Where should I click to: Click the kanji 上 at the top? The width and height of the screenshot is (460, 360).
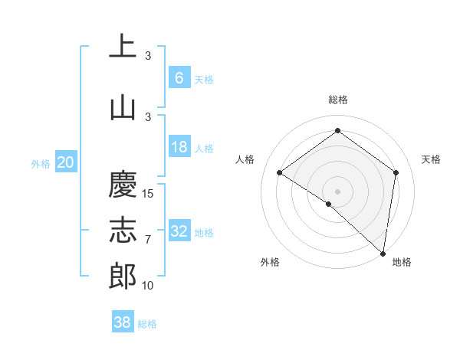[122, 46]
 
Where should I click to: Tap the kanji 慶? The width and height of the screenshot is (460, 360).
[122, 185]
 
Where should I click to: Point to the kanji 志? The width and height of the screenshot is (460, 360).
[122, 231]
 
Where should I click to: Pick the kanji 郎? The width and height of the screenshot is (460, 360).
[122, 276]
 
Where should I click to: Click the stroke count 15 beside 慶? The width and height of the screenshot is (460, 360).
[149, 194]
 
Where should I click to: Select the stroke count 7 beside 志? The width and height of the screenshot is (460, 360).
[148, 240]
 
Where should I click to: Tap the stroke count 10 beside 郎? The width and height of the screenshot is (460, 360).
[149, 286]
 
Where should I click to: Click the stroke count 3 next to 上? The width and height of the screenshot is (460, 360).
[148, 56]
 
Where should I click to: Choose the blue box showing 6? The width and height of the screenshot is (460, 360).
[179, 77]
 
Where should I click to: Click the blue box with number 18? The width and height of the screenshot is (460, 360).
[179, 147]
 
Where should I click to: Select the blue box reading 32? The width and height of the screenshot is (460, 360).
[179, 231]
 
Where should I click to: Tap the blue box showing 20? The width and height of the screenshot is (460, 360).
[65, 162]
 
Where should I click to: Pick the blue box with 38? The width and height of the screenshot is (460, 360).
[123, 323]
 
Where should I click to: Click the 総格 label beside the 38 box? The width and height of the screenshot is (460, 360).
[147, 324]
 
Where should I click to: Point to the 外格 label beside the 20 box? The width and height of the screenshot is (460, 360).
[41, 163]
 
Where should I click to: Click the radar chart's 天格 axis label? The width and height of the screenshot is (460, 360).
[431, 159]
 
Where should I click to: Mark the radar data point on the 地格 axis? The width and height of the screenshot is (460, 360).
[383, 252]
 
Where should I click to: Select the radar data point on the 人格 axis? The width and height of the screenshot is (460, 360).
[280, 172]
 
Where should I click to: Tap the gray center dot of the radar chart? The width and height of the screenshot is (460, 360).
[337, 191]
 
